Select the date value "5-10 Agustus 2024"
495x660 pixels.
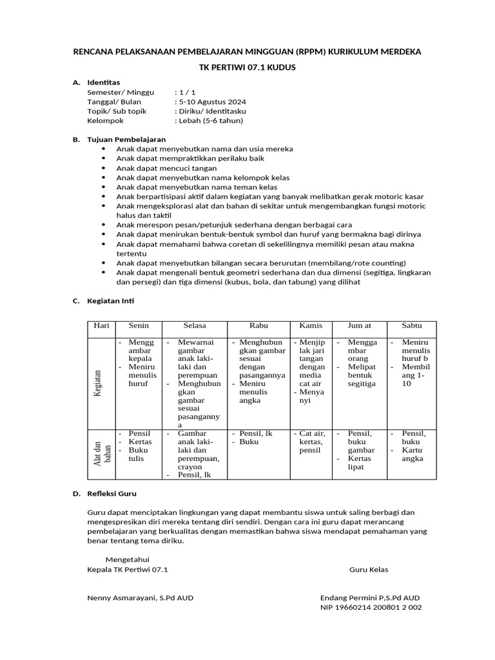pos(212,102)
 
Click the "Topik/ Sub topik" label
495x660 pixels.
pos(117,111)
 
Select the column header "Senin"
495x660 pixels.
pos(139,326)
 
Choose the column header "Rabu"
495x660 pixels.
pos(258,326)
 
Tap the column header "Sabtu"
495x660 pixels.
pos(412,326)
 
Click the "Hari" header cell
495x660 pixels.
pos(102,326)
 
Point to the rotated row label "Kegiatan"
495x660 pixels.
pos(98,383)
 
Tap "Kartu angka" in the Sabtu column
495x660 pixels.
pos(412,454)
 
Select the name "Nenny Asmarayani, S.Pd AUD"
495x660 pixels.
pos(140,597)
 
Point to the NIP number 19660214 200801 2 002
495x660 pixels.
pos(371,607)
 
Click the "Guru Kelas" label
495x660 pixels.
pos(369,570)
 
